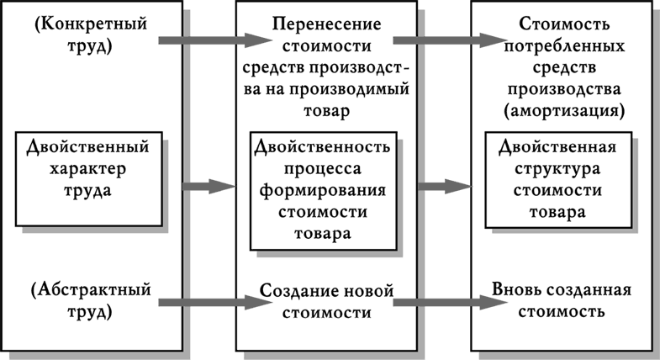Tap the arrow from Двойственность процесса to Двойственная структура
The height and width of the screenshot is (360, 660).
pyautogui.click(x=442, y=185)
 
